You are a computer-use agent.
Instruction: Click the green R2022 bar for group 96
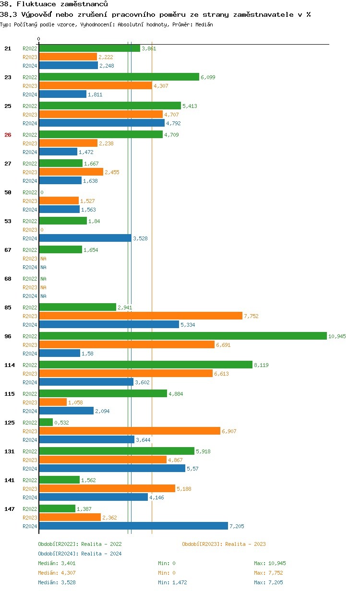tap(182, 336)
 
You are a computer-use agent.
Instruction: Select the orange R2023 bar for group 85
tap(141, 316)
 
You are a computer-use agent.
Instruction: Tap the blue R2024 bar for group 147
tap(133, 526)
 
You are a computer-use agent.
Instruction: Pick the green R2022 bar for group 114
tap(145, 365)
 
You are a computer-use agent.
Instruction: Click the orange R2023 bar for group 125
tap(130, 431)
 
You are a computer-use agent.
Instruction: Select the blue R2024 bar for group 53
tap(85, 238)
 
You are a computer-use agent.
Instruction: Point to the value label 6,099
tap(208, 77)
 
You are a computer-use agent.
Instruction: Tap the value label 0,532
tap(61, 423)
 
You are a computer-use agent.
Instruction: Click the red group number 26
tap(8, 135)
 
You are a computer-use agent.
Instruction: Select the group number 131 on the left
tap(9, 451)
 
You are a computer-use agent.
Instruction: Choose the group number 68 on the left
tap(8, 279)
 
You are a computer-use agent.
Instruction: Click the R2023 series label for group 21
tap(30, 57)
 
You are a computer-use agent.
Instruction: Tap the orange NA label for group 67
tap(43, 259)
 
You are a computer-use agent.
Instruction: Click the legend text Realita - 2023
tap(245, 544)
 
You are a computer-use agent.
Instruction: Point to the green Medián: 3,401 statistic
tap(55, 563)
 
